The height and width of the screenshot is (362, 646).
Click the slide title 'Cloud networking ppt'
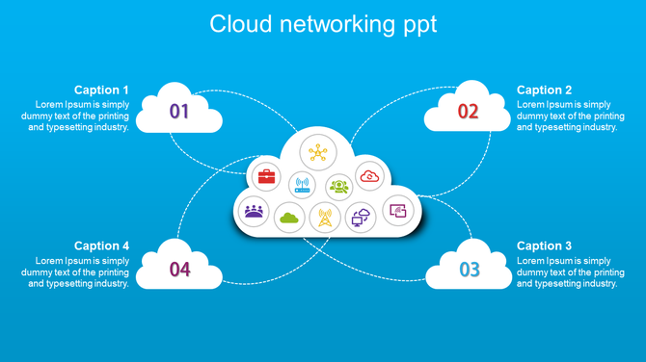pos(323,24)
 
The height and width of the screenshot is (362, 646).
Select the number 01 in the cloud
pos(179,112)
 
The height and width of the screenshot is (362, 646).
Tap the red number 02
pos(468,112)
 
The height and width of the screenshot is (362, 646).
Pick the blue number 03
pos(469,270)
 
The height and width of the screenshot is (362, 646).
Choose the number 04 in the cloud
pos(179,270)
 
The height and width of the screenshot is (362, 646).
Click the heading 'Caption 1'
pos(101,90)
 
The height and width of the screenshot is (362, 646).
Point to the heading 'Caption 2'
pos(545,90)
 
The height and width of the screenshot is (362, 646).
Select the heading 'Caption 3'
pos(545,246)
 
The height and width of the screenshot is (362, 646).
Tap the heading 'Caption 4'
pos(101,246)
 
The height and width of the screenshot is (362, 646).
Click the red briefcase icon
pos(266,176)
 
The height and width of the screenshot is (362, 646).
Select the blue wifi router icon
pos(302,185)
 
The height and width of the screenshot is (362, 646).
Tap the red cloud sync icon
pos(370,175)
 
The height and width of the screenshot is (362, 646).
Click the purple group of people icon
pos(254,210)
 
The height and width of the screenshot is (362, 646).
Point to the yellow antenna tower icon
pos(325,218)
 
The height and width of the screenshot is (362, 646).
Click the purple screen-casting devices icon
pos(397,210)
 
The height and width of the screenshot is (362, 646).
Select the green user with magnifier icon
pos(339,186)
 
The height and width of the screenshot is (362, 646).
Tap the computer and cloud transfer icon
pos(361,219)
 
